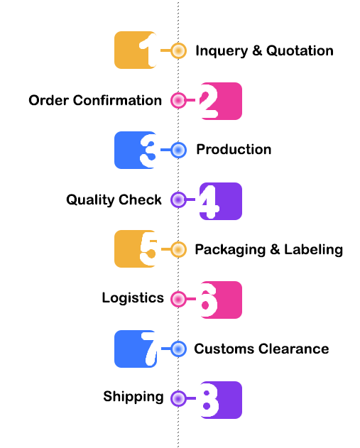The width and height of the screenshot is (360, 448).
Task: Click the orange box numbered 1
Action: pos(136,50)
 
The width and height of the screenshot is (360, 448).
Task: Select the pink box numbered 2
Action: pos(221,101)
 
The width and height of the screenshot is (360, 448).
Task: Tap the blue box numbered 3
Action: pos(136,150)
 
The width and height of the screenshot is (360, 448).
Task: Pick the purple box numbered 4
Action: pos(221,201)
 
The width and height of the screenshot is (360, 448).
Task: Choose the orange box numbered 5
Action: pos(136,249)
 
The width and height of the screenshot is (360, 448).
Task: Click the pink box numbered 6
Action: pos(221,300)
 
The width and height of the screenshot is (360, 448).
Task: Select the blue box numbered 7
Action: pos(136,349)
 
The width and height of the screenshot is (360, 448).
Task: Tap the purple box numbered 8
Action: pos(221,400)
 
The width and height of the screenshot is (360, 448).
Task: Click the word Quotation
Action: pos(300,51)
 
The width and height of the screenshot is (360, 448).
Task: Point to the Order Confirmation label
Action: pos(95,100)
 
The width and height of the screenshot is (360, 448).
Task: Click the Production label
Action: pos(234,149)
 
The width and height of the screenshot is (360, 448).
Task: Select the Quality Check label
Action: pos(114,200)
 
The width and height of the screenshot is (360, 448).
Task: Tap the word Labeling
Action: pos(313,250)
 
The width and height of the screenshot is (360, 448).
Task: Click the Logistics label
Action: pos(133,298)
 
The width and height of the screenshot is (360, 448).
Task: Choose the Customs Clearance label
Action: pos(261,349)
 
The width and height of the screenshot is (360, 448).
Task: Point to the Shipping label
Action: pos(133,397)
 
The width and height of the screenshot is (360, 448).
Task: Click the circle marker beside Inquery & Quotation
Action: pos(178,50)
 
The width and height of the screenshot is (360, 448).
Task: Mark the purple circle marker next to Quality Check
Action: pos(178,200)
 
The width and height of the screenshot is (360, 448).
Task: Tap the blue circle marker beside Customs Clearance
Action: pos(178,349)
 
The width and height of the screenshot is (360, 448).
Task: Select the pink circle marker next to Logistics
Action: pos(178,299)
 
